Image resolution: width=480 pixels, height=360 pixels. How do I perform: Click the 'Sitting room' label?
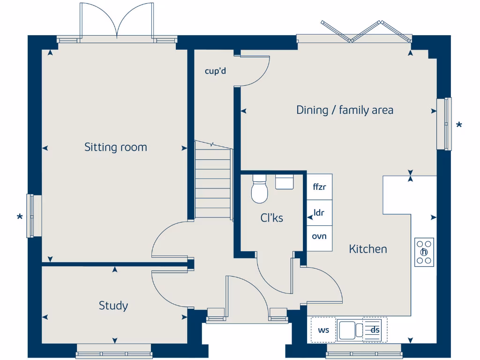tap(115, 147)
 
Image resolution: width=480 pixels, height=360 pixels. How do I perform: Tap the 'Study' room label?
tap(113, 306)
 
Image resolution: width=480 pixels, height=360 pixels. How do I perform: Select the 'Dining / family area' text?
tap(345, 110)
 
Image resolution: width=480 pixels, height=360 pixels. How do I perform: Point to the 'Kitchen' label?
tap(368, 249)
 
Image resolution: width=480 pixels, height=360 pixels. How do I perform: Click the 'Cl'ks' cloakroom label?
tap(272, 217)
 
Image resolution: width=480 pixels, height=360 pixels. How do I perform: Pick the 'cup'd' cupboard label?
tap(216, 71)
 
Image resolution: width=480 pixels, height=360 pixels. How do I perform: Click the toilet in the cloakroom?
tap(259, 190)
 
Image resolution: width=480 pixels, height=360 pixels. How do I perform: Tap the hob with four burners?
tap(424, 252)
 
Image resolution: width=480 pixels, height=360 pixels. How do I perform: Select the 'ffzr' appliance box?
tap(319, 187)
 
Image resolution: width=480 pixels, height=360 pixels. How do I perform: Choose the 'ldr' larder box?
tap(319, 212)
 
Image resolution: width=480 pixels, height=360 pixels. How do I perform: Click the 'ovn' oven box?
tap(319, 236)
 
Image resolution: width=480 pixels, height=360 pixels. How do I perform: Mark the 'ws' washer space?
tap(323, 330)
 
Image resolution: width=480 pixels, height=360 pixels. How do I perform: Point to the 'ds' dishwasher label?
tap(375, 330)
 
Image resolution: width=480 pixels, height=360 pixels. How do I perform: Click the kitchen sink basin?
tap(347, 330)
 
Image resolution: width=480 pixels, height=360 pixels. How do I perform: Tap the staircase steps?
tap(213, 183)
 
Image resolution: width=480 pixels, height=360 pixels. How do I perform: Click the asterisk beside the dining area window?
tap(459, 125)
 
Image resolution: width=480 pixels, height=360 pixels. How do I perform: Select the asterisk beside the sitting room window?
tap(20, 217)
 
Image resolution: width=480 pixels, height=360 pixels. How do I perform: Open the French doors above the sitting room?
tap(117, 21)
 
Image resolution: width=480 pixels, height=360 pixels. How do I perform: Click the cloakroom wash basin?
tap(284, 181)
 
